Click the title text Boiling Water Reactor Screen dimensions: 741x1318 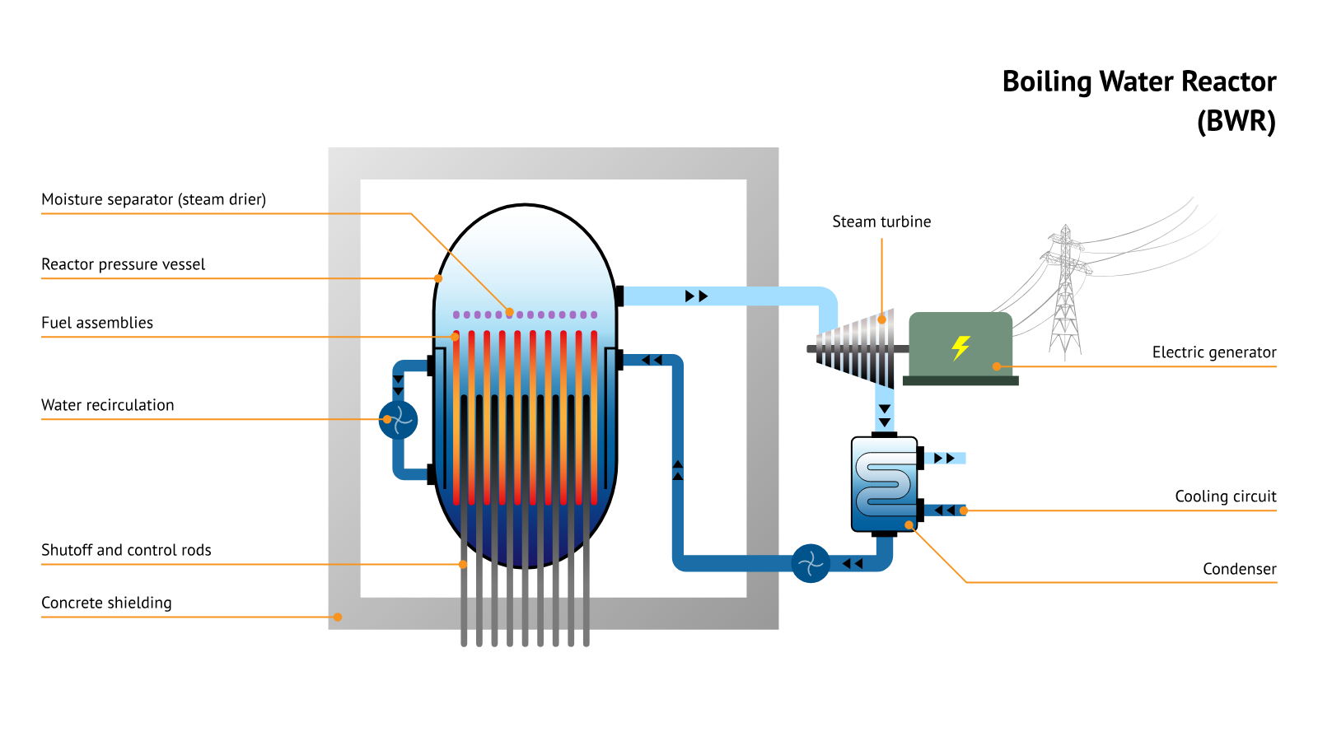pyautogui.click(x=1138, y=82)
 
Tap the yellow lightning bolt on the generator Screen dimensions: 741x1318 pyautogui.click(x=960, y=347)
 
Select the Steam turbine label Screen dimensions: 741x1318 pyautogui.click(x=881, y=221)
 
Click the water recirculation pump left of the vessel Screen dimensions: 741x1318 pyautogui.click(x=398, y=420)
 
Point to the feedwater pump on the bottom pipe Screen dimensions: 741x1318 pyautogui.click(x=811, y=563)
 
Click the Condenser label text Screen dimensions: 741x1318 pyautogui.click(x=1239, y=569)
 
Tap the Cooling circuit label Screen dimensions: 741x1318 pyautogui.click(x=1225, y=496)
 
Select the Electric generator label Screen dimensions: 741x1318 pyautogui.click(x=1213, y=352)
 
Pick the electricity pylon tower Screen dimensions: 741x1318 pyautogui.click(x=1065, y=292)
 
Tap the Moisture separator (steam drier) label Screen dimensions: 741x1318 pyautogui.click(x=153, y=199)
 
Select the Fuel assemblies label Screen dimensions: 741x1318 pyautogui.click(x=97, y=323)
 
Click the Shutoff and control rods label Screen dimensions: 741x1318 pyautogui.click(x=126, y=550)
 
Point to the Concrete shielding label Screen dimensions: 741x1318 pyautogui.click(x=106, y=603)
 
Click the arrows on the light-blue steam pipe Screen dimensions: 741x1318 pyautogui.click(x=696, y=296)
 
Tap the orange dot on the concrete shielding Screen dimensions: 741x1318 pyautogui.click(x=338, y=617)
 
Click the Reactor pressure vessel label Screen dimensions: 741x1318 pyautogui.click(x=123, y=264)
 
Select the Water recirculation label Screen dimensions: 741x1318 pyautogui.click(x=107, y=405)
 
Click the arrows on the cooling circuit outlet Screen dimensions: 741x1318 pyautogui.click(x=945, y=458)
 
